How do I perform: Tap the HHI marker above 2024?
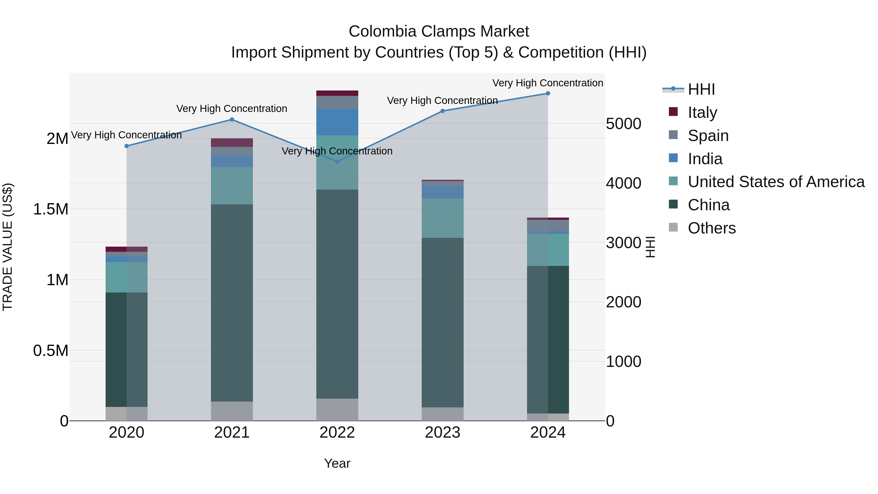coord(548,93)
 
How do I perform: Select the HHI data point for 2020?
coord(126,146)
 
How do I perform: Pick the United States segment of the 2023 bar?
coord(442,218)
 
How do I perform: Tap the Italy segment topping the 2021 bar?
coord(232,142)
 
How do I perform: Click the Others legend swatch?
coord(673,227)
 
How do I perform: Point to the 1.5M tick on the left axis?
coord(51,209)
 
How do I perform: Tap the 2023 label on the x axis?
coord(442,433)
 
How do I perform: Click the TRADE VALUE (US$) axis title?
coord(8,247)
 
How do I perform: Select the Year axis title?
coord(337,463)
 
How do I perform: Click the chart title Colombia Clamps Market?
coord(439,31)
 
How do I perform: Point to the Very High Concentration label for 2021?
coord(232,109)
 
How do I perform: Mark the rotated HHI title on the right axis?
coord(650,247)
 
